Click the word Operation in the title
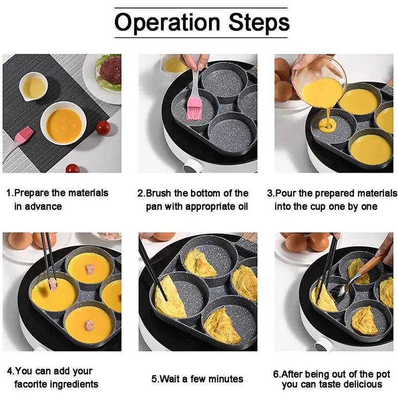coord(168,22)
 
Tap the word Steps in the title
coord(259,22)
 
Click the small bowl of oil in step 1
coord(33,87)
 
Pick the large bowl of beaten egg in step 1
coord(63,124)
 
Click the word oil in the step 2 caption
coord(239,206)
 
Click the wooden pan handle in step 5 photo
coord(249,238)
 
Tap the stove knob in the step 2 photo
coord(190,168)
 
